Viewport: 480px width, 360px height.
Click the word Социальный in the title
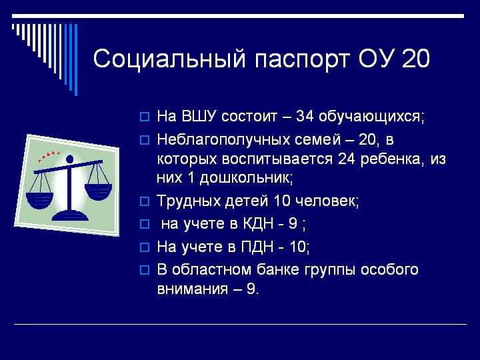click(x=169, y=58)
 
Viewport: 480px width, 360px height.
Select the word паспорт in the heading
click(x=301, y=60)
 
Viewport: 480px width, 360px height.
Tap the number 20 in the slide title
click(x=416, y=59)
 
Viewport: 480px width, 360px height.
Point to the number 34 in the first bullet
click(x=304, y=117)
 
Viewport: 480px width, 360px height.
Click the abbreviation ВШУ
click(x=199, y=117)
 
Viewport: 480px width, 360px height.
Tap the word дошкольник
click(x=244, y=178)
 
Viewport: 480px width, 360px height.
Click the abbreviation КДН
click(x=258, y=224)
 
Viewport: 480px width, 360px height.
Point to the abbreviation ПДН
click(x=257, y=247)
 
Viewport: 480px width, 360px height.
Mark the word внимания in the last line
click(x=193, y=289)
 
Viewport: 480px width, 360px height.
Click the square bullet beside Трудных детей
click(x=145, y=201)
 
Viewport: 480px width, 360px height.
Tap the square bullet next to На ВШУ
click(x=145, y=117)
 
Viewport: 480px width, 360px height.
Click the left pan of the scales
click(x=39, y=200)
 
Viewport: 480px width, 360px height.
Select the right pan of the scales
click(x=98, y=191)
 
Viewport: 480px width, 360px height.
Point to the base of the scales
click(x=70, y=216)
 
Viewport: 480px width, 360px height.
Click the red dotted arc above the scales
click(x=49, y=155)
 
